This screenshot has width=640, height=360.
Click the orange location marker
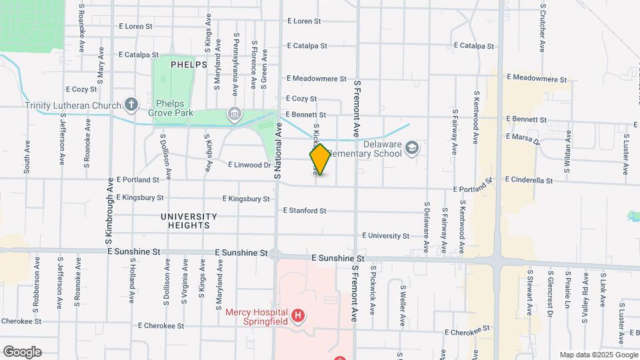pos(320,159)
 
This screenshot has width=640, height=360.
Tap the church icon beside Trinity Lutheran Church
pos(131,105)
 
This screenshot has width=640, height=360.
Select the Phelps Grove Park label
pos(174,108)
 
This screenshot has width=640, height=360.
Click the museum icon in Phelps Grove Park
pos(233,114)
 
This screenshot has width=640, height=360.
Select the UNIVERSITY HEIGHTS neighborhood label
pos(189,221)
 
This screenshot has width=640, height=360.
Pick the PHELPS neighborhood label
pos(189,65)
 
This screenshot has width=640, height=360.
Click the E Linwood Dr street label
pos(249,165)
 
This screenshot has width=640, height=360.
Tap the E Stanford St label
pos(304,211)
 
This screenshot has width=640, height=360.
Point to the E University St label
pos(385,236)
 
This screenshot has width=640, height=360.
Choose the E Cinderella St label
pos(533,180)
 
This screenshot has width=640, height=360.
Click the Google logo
pos(22,352)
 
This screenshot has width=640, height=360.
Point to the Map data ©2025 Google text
pos(597,355)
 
